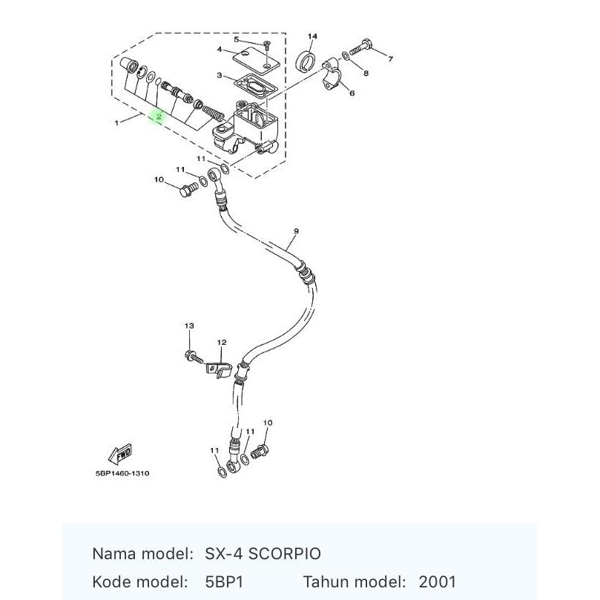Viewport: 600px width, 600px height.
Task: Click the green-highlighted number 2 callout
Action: [x=158, y=116]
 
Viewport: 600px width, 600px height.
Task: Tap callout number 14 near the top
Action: [x=312, y=36]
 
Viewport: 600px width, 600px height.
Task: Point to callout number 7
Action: [x=390, y=59]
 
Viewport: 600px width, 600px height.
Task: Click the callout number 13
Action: [x=189, y=326]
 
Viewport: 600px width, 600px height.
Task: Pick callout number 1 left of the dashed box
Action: [x=116, y=123]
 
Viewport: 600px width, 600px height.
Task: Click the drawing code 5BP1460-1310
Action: [x=122, y=473]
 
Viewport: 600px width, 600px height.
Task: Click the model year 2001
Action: [x=437, y=582]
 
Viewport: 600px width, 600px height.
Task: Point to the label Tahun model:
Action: [x=355, y=582]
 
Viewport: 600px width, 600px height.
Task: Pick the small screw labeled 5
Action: [x=267, y=46]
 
